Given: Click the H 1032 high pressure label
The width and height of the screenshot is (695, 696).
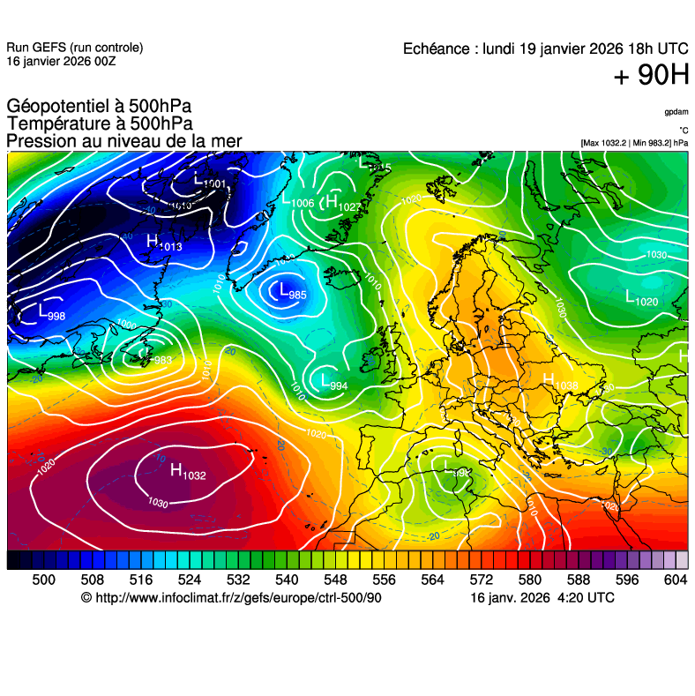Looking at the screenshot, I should [x=187, y=473].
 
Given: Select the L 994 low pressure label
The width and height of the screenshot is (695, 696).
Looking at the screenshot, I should [x=333, y=383].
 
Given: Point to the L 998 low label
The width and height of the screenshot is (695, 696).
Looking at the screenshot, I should [x=51, y=312].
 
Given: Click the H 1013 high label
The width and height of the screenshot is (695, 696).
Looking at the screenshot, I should [x=164, y=243].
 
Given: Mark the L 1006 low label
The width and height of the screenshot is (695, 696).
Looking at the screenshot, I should [x=297, y=202].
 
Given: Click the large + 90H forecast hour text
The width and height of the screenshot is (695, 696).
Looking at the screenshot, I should [x=651, y=76].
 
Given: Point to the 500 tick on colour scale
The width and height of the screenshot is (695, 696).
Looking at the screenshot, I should [x=43, y=579].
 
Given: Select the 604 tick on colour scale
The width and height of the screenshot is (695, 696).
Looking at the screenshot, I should [x=676, y=579].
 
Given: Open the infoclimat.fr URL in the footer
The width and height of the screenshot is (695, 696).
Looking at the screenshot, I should [x=231, y=597].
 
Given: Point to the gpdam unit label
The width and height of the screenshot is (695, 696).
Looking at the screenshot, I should [x=676, y=112].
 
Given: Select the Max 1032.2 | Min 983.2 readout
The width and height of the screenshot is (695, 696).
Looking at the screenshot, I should [x=633, y=143].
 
